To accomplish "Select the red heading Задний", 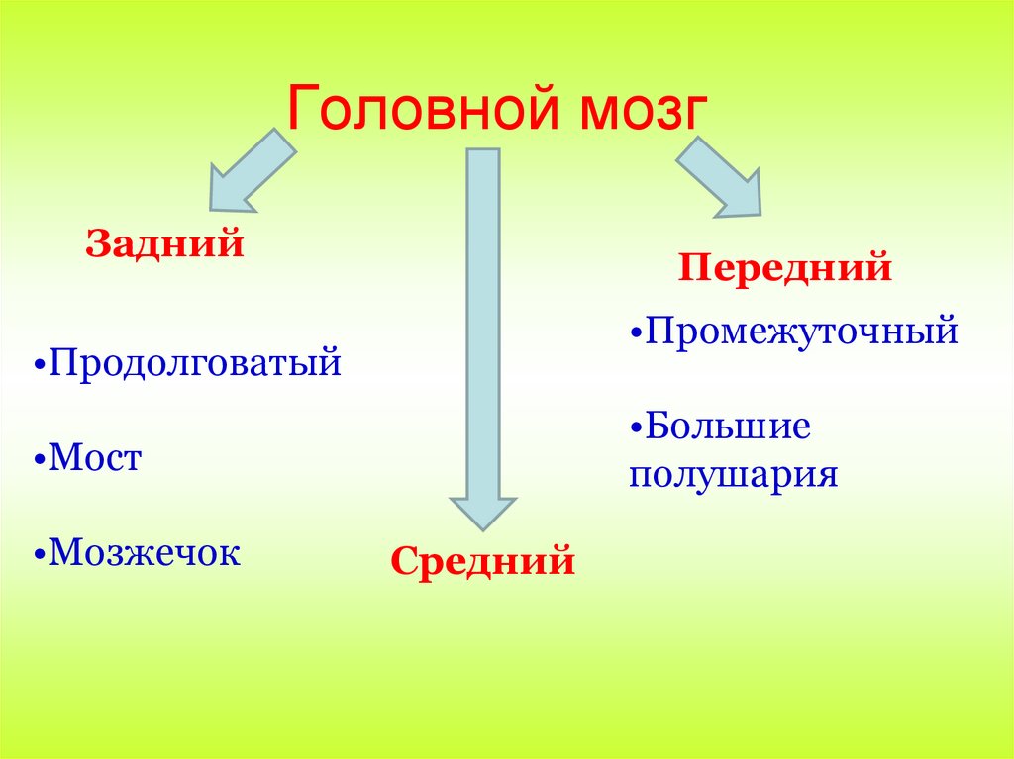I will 164,243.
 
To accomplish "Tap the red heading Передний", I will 784,267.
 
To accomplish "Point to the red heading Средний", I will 482,562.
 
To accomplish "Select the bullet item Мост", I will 95,458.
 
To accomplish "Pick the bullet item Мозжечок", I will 145,552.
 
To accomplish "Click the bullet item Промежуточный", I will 801,331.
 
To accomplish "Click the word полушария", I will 734,474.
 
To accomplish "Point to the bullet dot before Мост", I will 38,461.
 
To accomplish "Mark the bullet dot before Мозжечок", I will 38,555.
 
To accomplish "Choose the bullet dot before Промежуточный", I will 635,333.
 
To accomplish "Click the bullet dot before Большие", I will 635,430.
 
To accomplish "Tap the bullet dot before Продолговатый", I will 38,366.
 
